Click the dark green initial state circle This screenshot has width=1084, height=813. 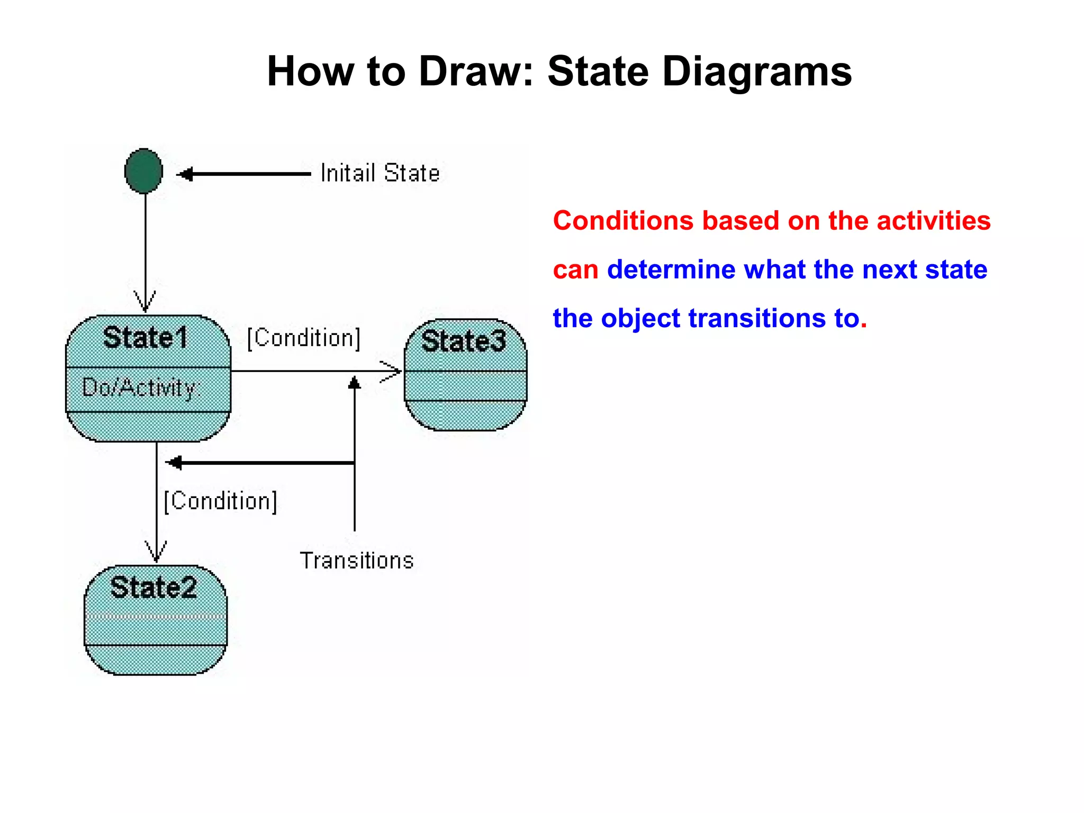143,171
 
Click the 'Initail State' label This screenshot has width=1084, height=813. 380,173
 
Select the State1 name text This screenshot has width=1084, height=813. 146,337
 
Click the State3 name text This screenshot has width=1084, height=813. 464,341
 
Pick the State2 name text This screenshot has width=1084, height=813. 153,588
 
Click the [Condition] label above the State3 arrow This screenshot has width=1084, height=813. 304,338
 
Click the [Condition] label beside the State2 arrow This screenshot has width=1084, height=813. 220,501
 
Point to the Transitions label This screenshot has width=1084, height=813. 356,561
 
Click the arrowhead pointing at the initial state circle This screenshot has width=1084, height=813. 184,174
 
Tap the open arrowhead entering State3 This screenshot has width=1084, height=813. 392,371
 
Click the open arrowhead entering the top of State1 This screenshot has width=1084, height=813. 145,302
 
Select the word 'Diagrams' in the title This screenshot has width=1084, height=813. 757,71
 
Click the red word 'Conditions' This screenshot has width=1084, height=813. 622,221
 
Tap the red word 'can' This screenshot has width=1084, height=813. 575,270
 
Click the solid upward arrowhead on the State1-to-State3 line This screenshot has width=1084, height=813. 354,383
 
